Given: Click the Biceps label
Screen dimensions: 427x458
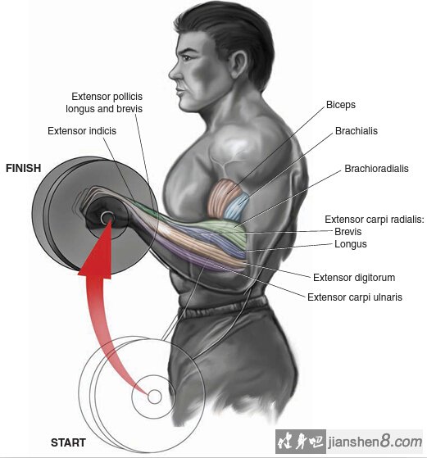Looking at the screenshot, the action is pos(341,105).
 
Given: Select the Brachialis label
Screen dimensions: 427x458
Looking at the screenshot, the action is pos(357,131).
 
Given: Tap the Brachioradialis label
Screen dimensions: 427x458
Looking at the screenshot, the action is pos(376,169).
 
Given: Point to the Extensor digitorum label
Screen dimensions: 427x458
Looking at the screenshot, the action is pos(354,278).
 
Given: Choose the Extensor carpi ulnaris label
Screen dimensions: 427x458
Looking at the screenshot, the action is pos(355,297).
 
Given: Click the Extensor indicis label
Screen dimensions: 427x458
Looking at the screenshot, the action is pos(82,131).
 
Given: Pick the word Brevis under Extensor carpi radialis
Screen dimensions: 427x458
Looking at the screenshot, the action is pos(348,232).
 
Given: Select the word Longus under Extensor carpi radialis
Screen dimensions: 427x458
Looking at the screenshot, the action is pos(351,244).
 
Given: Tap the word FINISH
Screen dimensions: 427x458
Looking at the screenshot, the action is pos(24,168).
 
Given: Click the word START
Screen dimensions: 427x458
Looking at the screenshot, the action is pos(68,442).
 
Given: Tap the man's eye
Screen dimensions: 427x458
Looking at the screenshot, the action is pos(187,57).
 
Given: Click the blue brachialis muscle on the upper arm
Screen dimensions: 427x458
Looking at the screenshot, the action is pos(237,206).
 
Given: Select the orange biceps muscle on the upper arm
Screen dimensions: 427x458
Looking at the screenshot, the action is pos(222,197).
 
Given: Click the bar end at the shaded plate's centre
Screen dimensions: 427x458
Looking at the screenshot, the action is pos(107,218).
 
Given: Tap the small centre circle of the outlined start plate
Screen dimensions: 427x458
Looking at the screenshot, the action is pos(155,397).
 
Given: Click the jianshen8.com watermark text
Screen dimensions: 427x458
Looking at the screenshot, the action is pos(375,442).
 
